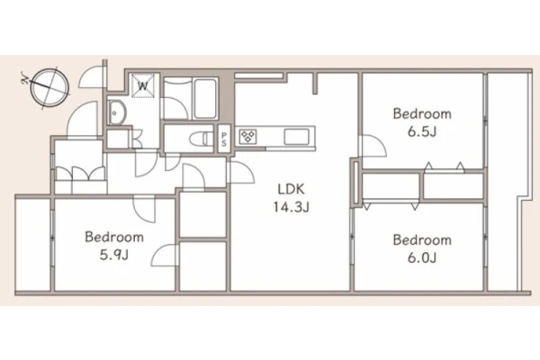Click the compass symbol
49,87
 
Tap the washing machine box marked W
143,85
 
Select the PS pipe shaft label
224,139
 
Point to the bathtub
206,98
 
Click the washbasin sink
117,112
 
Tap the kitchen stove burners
248,137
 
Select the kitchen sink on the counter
296,137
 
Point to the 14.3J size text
292,207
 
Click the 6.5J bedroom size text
422,131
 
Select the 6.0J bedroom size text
422,257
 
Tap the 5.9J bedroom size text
114,256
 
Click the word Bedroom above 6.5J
422,113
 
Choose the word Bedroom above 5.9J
114,237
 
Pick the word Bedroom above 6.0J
422,239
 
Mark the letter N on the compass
24,79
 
